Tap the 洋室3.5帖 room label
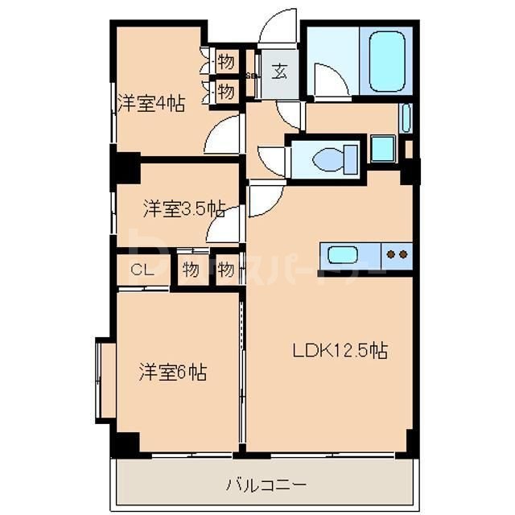[x=183, y=209]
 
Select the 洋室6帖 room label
[x=173, y=373]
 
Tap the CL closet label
[x=142, y=270]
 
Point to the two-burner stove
[x=397, y=255]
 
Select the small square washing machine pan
[x=382, y=149]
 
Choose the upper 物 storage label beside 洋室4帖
[x=225, y=61]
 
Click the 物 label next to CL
[x=190, y=270]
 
